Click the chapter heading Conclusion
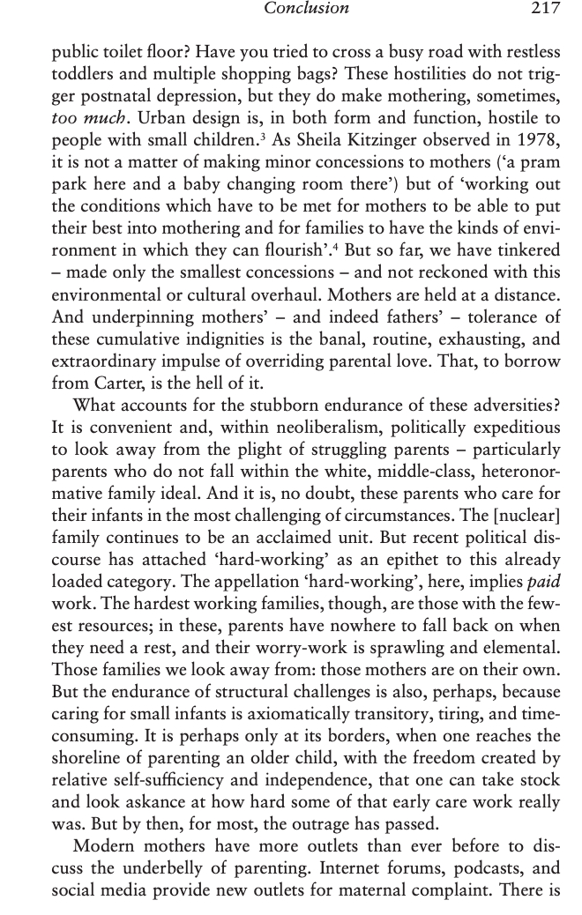(308, 9)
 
